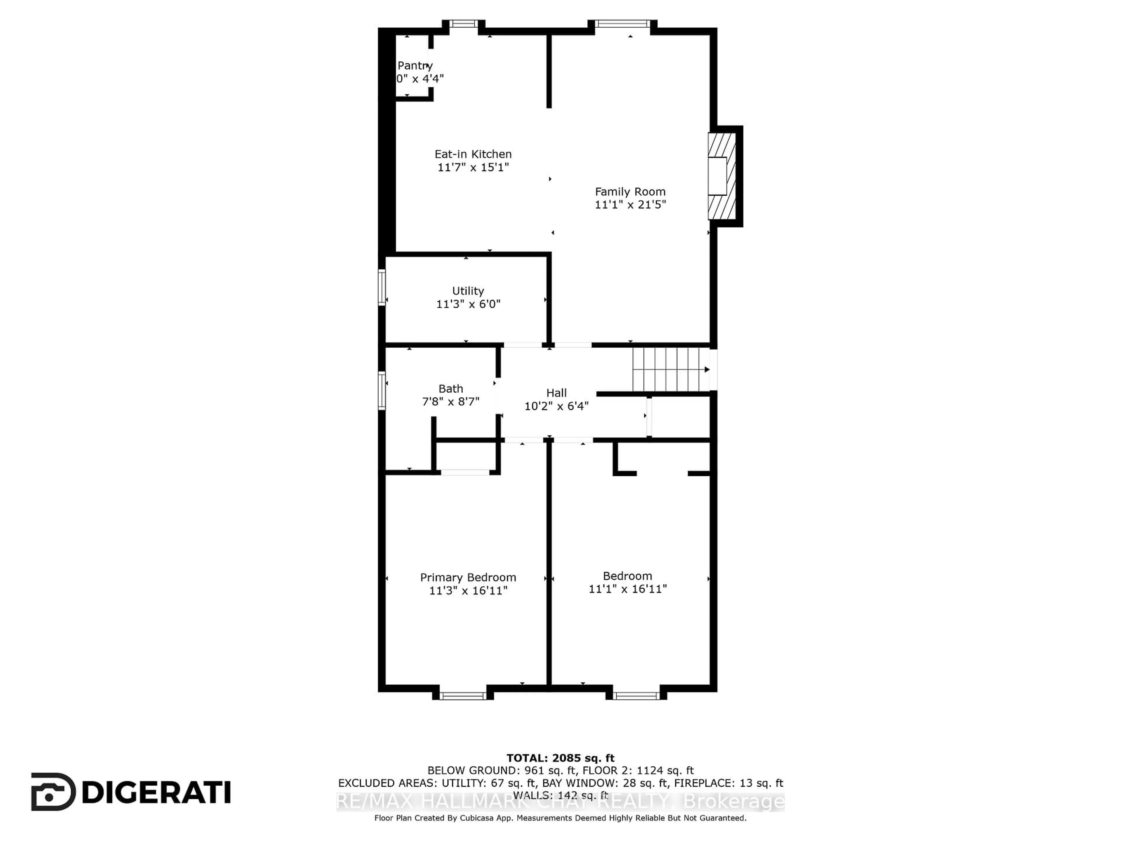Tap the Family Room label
click(x=630, y=192)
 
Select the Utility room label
click(x=468, y=291)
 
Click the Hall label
click(x=556, y=393)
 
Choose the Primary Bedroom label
click(x=468, y=577)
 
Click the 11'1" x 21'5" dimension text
click(x=630, y=205)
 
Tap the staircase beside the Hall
click(x=669, y=370)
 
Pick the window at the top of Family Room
click(x=622, y=23)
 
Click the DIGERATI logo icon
click(x=53, y=792)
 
